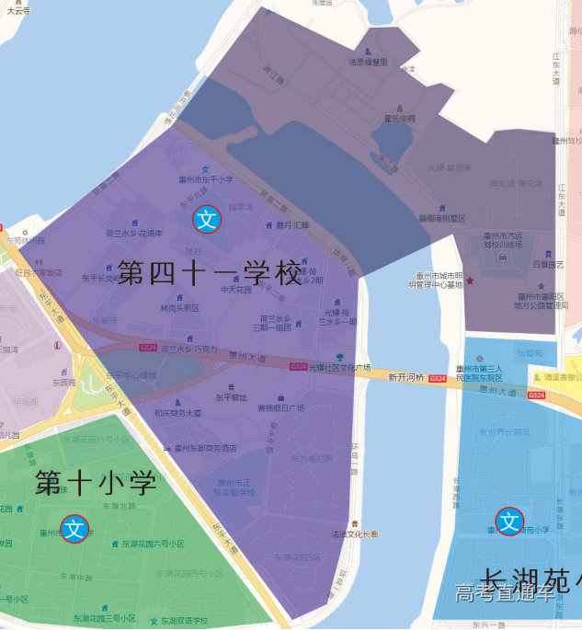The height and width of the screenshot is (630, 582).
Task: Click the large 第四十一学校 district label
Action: click(x=210, y=273)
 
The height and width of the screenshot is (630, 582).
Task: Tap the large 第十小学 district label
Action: click(x=96, y=483)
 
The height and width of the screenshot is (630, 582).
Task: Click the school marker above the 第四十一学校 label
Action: click(x=207, y=219)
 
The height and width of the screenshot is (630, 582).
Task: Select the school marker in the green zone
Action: click(x=75, y=529)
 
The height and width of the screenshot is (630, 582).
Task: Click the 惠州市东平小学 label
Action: click(x=204, y=180)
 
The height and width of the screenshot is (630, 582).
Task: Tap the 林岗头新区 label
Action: click(x=179, y=308)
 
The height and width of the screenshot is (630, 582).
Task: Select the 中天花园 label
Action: click(x=235, y=290)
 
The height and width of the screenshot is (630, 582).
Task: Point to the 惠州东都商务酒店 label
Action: click(x=200, y=448)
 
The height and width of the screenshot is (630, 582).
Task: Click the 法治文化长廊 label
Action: click(x=355, y=533)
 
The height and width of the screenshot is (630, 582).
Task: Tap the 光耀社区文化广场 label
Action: click(x=339, y=367)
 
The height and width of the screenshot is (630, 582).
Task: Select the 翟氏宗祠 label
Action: click(x=400, y=119)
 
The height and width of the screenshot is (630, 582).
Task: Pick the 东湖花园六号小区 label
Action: click(x=153, y=544)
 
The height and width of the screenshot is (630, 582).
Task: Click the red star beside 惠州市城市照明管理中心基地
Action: click(x=470, y=280)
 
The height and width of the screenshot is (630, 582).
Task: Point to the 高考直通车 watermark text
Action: click(x=505, y=593)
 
